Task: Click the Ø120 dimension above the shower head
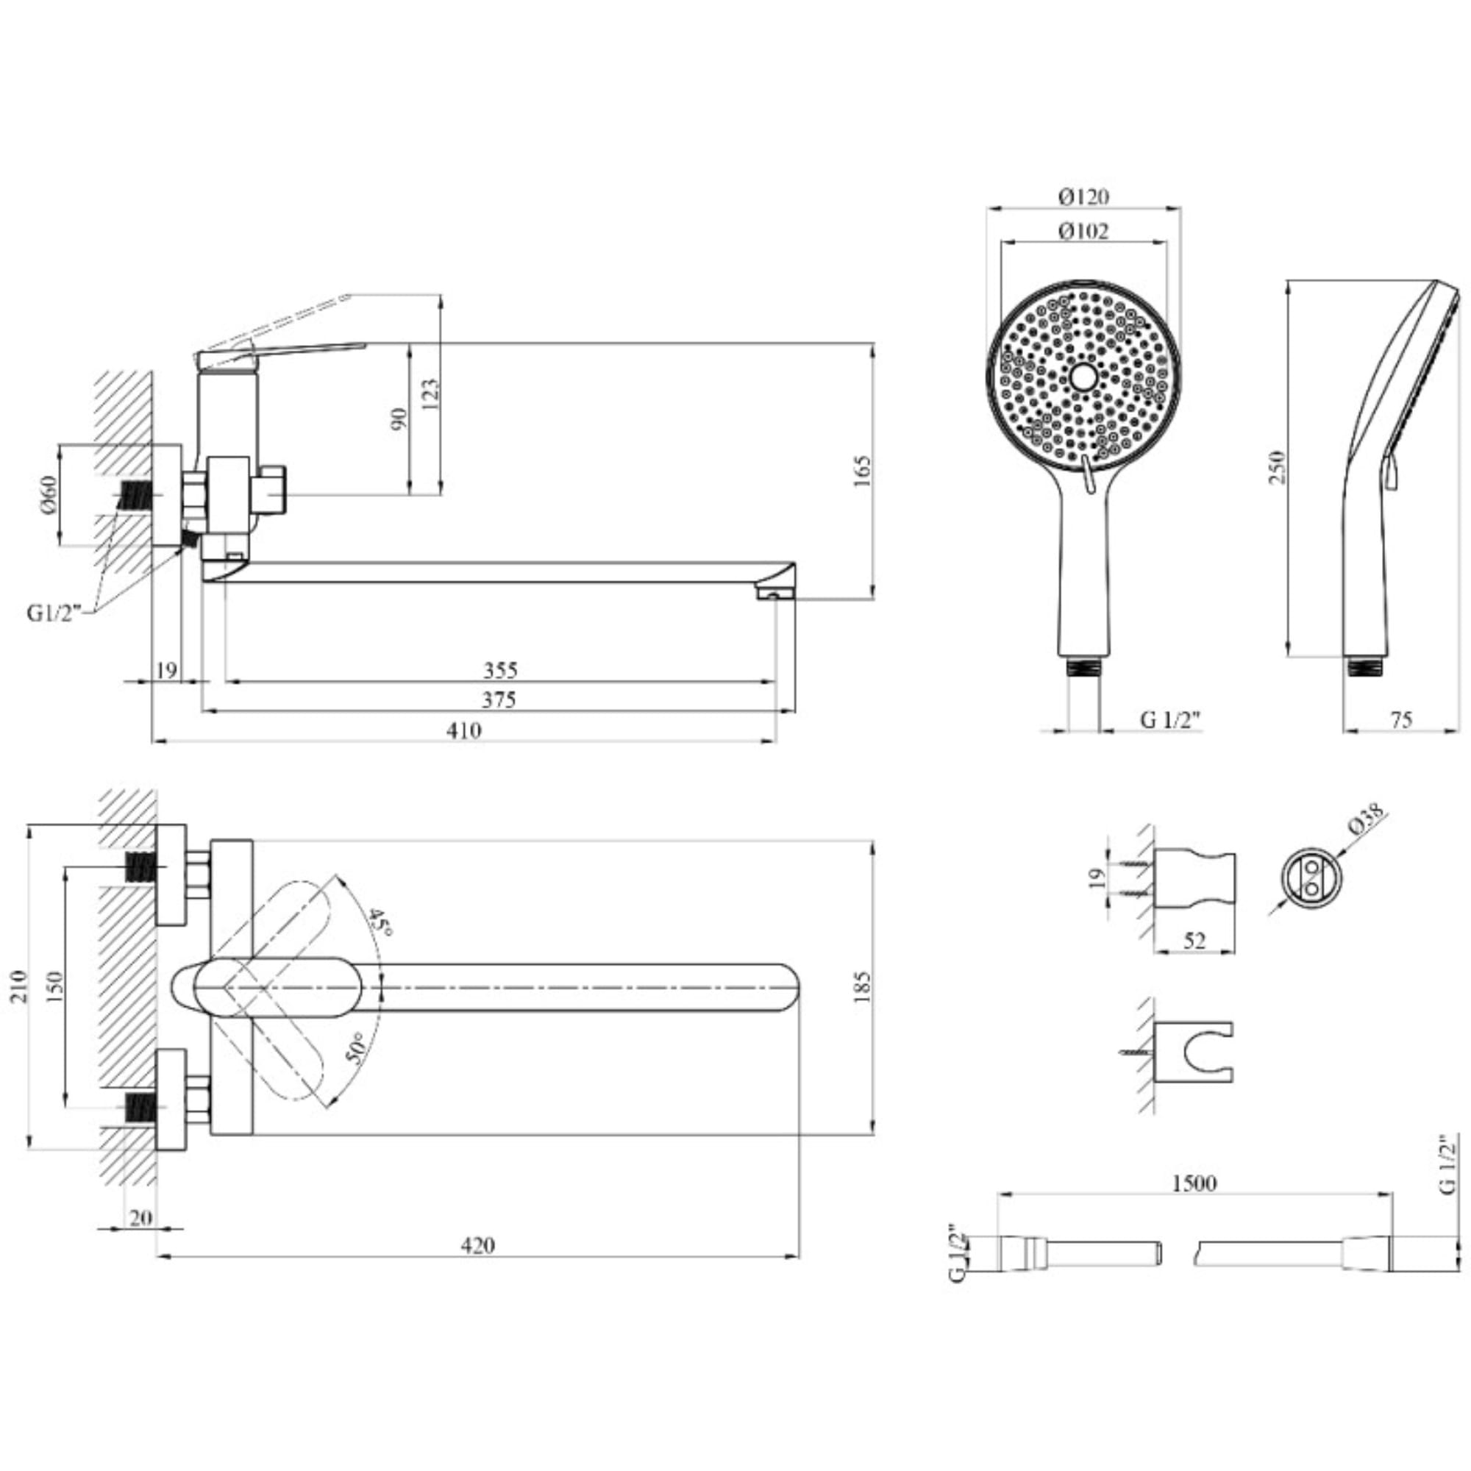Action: tap(1083, 196)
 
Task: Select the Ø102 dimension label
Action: tap(1083, 231)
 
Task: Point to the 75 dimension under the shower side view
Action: tap(1401, 719)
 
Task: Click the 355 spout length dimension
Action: tap(500, 670)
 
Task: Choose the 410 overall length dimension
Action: tap(463, 730)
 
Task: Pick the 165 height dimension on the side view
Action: tap(862, 471)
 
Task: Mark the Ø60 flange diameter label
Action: tap(47, 495)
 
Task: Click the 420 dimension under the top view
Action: tap(477, 1246)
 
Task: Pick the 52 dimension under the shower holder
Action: tap(1194, 941)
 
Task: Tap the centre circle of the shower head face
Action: tap(1083, 375)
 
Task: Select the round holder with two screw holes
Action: tap(1310, 880)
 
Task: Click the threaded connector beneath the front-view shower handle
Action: tap(1084, 668)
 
